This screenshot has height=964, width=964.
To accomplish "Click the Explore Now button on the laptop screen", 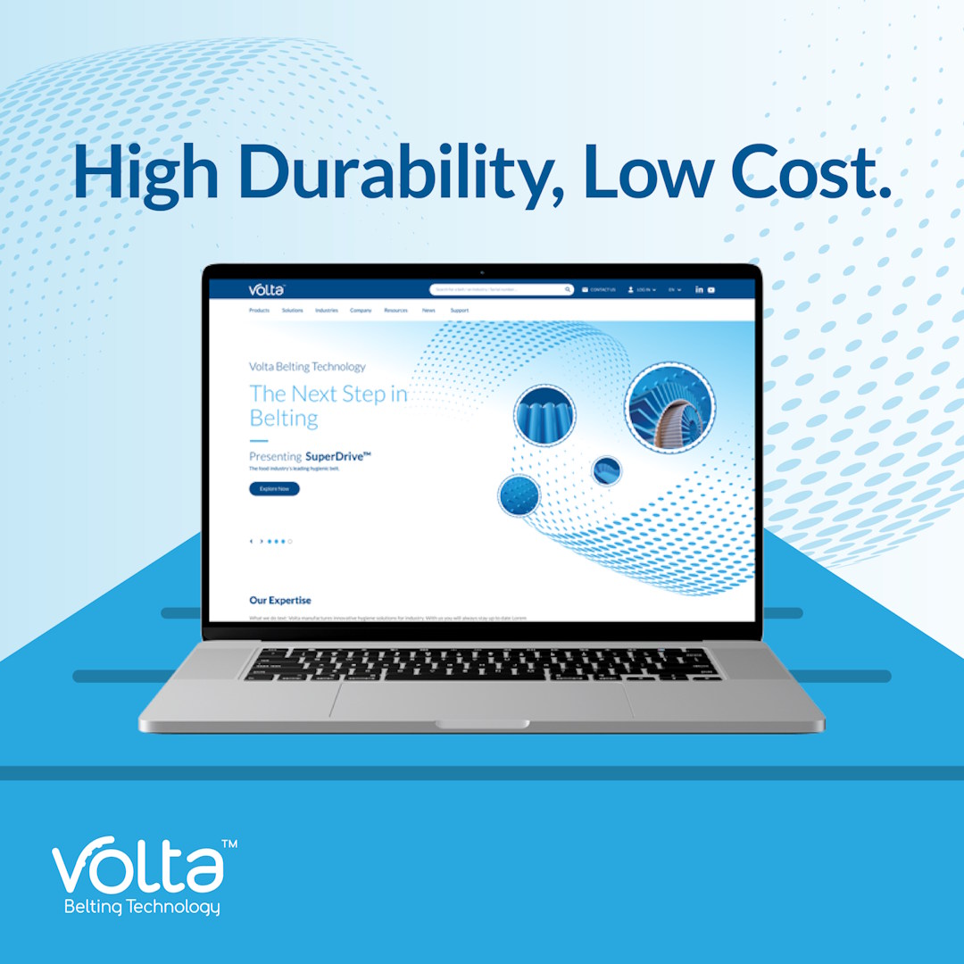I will click(274, 489).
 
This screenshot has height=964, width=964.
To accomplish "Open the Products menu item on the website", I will click(259, 311).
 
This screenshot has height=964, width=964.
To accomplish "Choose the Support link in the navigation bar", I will click(459, 311).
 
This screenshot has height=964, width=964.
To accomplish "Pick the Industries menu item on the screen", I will click(327, 311).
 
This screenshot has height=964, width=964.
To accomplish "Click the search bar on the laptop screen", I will click(500, 290).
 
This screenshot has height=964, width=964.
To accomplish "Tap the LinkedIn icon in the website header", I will click(699, 290).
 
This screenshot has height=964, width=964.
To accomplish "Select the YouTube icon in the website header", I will click(711, 290).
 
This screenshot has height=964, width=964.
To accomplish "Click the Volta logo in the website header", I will click(267, 289).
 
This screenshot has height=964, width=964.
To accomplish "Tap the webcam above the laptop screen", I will click(482, 271).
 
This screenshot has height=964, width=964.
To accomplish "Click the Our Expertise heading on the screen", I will click(280, 601).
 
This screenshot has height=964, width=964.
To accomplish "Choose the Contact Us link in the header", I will click(599, 290).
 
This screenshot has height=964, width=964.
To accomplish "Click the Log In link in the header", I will click(642, 290).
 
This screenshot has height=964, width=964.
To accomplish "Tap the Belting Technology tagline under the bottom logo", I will click(142, 908).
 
